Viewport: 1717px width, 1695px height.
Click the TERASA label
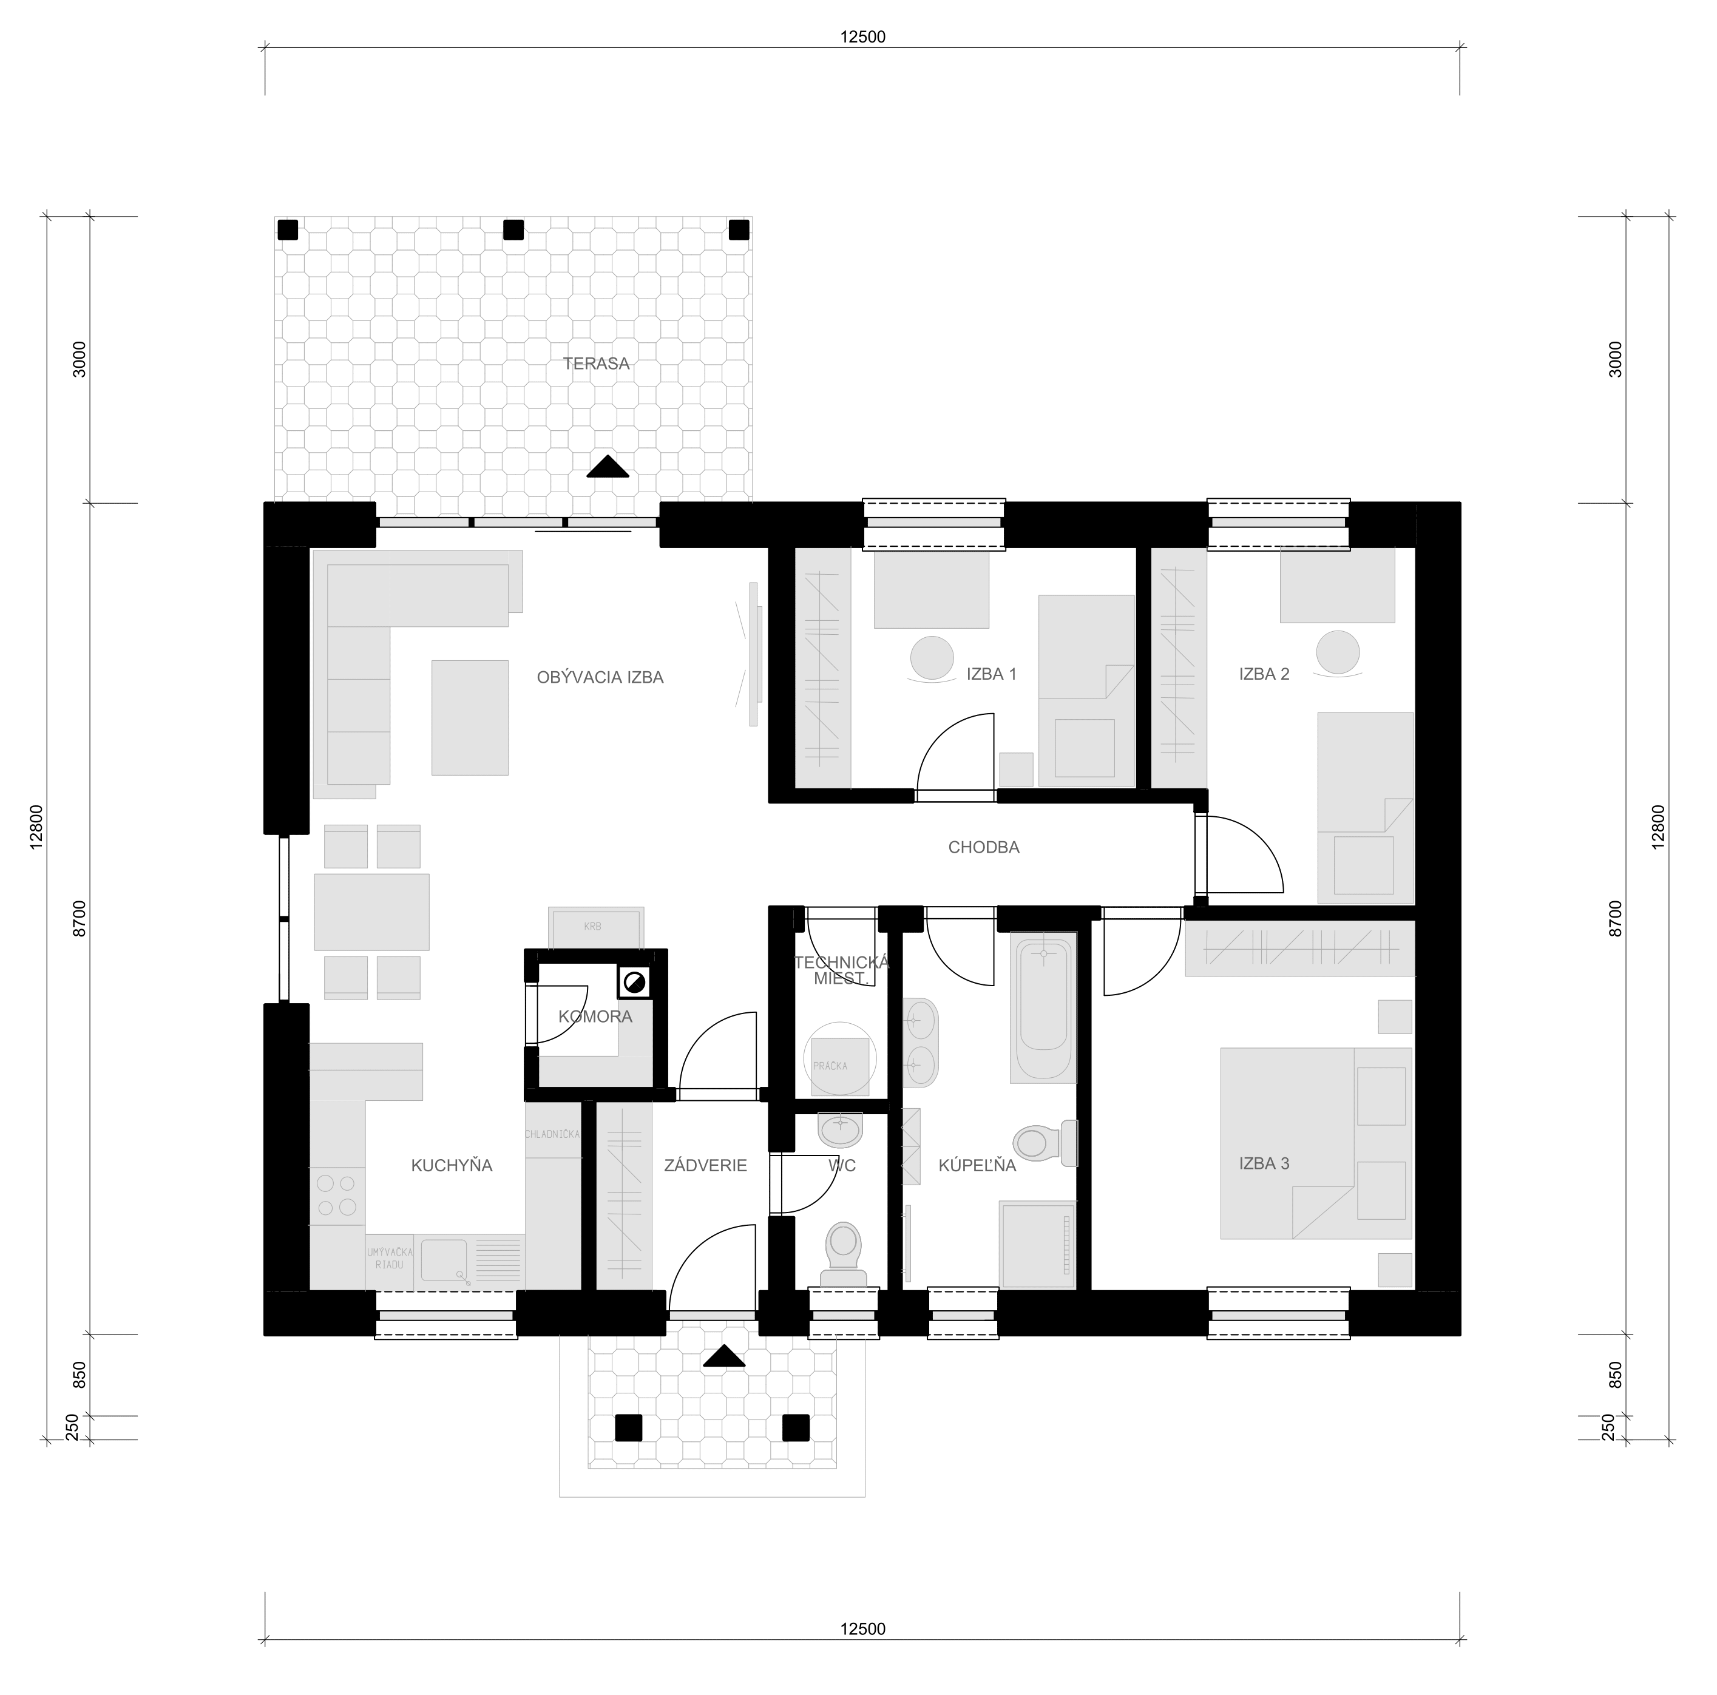point(597,364)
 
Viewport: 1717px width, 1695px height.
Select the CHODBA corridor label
point(984,847)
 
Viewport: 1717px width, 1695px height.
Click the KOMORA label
point(595,1016)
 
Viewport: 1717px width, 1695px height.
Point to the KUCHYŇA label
point(452,1165)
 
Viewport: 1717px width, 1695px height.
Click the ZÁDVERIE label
point(706,1165)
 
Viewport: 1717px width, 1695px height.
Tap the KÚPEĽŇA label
point(978,1165)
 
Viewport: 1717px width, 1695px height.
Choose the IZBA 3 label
point(1265,1163)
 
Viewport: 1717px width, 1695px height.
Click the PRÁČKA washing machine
point(840,1066)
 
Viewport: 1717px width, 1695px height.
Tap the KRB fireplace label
point(593,926)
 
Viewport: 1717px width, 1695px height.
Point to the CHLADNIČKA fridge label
point(553,1134)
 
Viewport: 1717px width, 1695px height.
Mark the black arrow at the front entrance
point(724,1356)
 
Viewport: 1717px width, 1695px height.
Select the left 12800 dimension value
point(36,828)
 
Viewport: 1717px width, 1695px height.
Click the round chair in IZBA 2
point(1338,653)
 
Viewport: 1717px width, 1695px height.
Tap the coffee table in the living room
point(470,717)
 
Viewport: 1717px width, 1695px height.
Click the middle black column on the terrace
point(513,230)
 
